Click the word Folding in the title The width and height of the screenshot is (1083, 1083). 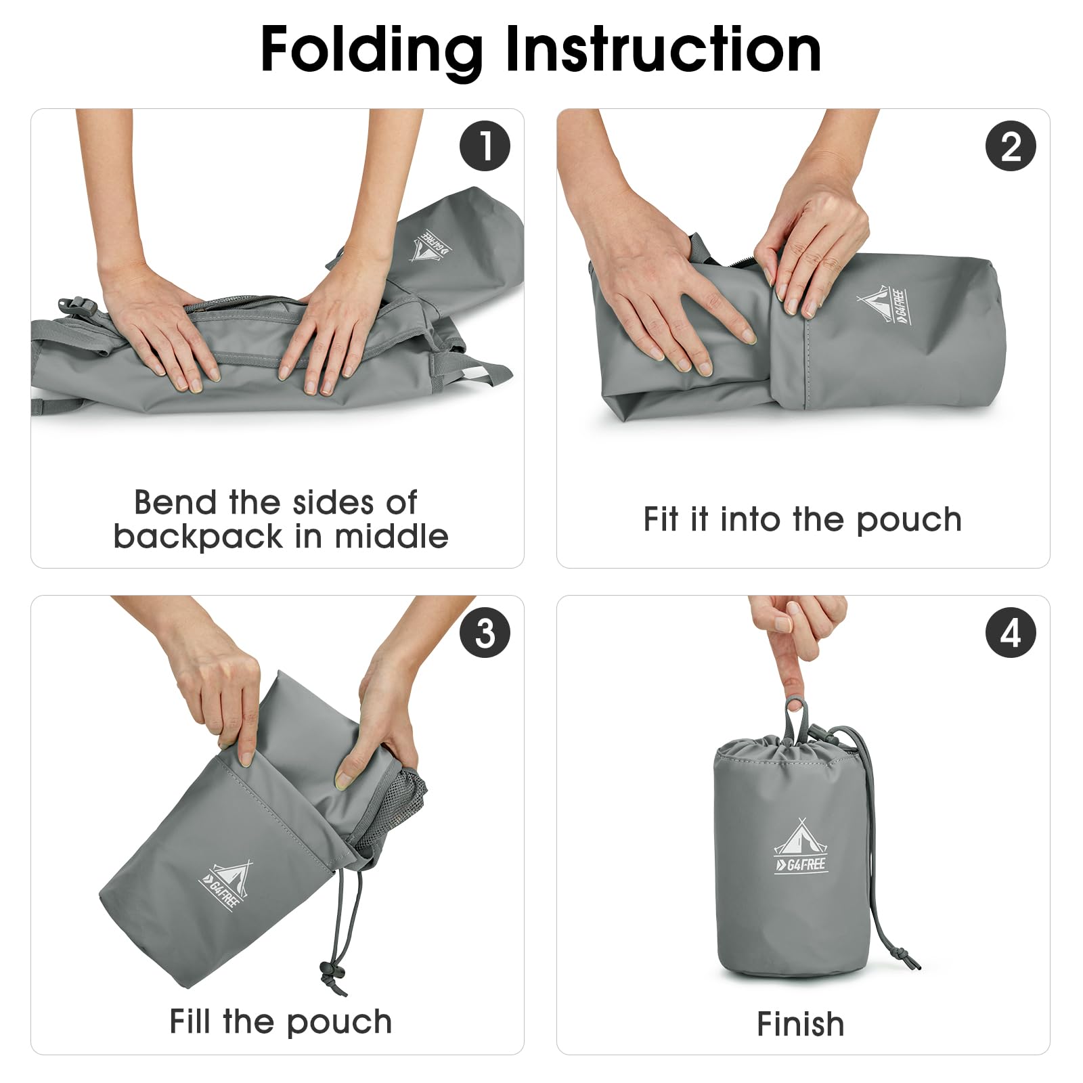(x=372, y=51)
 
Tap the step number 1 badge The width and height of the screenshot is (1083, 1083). (x=485, y=146)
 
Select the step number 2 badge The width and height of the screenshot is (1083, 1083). (x=1011, y=146)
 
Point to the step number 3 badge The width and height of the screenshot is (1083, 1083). (x=485, y=633)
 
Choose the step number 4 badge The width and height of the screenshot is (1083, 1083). (x=1011, y=633)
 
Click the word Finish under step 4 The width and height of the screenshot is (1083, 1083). (x=801, y=1024)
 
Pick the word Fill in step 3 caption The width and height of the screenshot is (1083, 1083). (x=191, y=1021)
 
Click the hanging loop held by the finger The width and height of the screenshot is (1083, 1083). (x=797, y=721)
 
